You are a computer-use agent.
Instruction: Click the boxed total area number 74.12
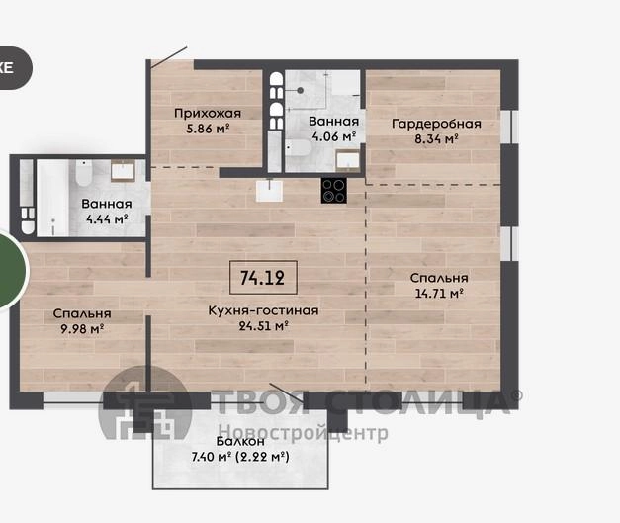click(263, 278)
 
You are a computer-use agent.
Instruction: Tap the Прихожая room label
click(208, 114)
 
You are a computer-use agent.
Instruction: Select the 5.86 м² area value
click(208, 129)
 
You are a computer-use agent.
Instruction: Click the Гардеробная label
click(436, 124)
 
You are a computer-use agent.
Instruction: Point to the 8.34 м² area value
click(436, 139)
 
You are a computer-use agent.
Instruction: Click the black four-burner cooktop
click(333, 191)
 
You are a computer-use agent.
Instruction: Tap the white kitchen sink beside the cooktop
click(269, 191)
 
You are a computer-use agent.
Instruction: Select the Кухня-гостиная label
click(263, 310)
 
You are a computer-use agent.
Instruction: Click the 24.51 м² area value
click(263, 326)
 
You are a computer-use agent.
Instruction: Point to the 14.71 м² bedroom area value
click(439, 294)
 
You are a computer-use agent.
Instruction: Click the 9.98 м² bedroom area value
click(82, 329)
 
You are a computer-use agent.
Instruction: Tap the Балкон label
click(240, 441)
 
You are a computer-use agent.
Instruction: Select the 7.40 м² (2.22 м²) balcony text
click(240, 457)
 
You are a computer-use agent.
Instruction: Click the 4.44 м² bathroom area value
click(107, 219)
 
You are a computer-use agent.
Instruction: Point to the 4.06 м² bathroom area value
click(333, 136)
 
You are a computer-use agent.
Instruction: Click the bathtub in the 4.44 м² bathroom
click(52, 198)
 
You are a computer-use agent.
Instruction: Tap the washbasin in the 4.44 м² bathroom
click(123, 171)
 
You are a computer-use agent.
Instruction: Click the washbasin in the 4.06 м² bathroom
click(347, 160)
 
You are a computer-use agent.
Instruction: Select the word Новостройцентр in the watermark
click(304, 433)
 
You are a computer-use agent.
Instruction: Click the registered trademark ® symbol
click(516, 394)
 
